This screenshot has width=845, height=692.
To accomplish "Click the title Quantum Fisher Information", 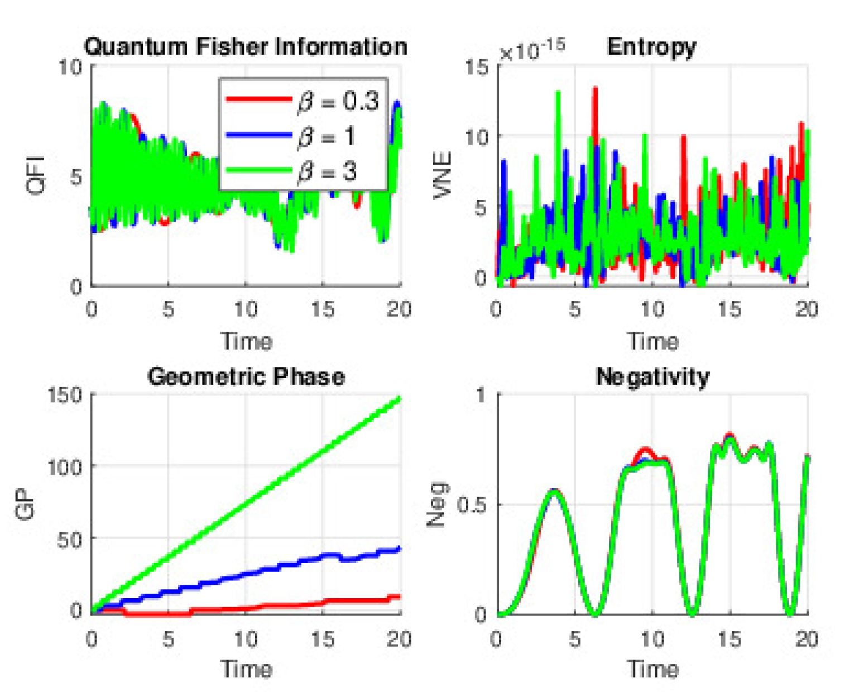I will coord(246,46).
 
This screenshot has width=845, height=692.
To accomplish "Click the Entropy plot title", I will coord(651,46).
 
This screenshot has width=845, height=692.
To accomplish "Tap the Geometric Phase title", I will coord(246,376).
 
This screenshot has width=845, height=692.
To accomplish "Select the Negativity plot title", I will coord(652,376).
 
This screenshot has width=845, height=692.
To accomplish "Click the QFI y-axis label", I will coord(37,175).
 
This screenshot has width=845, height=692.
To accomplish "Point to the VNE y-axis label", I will coord(443,175).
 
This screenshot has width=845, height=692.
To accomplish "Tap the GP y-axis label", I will coord(26,503).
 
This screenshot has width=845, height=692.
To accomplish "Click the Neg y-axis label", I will coord(436,504).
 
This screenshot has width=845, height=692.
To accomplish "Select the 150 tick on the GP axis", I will coord(65,395).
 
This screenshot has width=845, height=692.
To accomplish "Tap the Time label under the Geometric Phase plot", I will coord(246,669).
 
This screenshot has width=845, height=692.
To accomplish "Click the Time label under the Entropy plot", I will coord(652,341).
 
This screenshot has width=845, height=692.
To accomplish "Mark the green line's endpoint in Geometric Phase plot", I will coord(399,398).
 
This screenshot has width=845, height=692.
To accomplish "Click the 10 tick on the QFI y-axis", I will coord(70,68).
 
